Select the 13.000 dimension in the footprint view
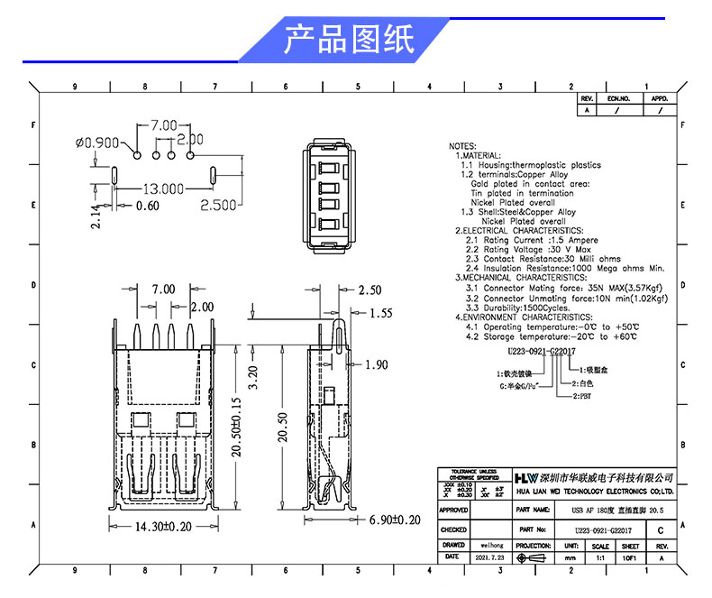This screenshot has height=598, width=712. click(x=163, y=189)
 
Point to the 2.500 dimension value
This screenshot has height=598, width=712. click(x=217, y=206)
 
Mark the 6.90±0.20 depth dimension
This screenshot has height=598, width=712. click(x=388, y=520)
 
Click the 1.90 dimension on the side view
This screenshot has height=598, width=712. click(x=378, y=364)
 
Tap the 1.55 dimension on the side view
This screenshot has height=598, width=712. click(x=381, y=313)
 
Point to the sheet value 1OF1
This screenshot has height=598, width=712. click(x=631, y=558)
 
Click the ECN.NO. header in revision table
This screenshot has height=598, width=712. click(x=617, y=98)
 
